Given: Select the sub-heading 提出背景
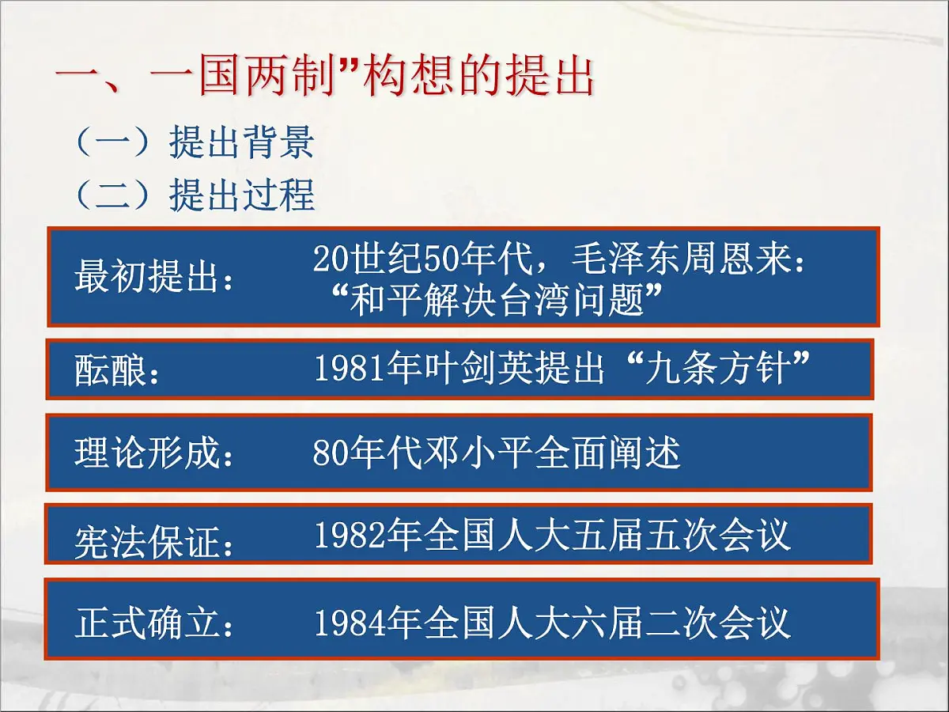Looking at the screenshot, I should coord(241,143).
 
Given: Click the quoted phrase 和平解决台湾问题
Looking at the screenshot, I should coord(497,301).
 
